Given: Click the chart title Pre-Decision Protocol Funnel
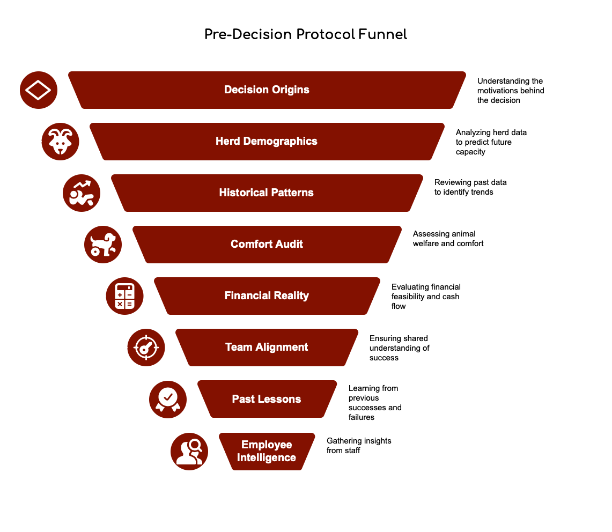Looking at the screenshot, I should (306, 35).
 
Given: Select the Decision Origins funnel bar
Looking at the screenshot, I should (267, 90).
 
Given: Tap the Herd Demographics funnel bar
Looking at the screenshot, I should (267, 142).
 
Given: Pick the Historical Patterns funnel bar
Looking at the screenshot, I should (267, 193).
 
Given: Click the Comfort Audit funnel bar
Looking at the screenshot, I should (267, 245).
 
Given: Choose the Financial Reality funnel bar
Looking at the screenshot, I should (267, 296).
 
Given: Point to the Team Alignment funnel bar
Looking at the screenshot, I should (267, 348).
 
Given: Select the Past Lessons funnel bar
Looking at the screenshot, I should (267, 399).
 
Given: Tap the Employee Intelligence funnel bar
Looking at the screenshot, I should (267, 452).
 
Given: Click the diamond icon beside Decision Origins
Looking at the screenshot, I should (39, 90).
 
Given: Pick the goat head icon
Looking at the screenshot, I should (60, 142).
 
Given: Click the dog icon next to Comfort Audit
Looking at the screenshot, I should (103, 245).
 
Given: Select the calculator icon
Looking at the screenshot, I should (124, 296).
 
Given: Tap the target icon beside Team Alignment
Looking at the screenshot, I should (146, 348).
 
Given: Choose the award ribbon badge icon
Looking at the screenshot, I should (167, 399).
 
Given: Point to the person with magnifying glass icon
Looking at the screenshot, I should (189, 452).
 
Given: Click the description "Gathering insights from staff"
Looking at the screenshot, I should (359, 446).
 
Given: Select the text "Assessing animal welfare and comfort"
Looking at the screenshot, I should (448, 239).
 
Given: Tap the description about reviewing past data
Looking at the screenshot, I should (470, 187).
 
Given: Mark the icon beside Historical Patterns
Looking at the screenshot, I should (82, 193).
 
